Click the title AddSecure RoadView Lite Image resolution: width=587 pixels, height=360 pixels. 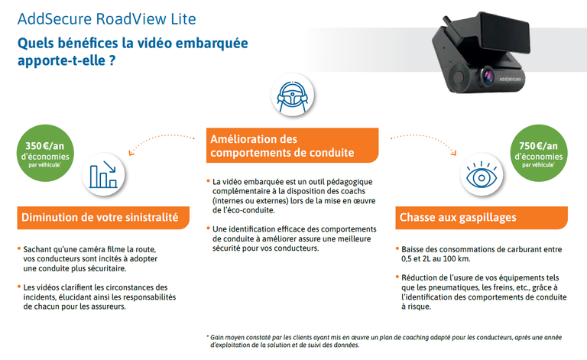click(x=107, y=19)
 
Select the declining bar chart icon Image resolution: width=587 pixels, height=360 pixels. click(x=103, y=174)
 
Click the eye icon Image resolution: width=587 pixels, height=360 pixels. click(x=482, y=175)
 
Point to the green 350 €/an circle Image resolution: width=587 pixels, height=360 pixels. click(x=45, y=153)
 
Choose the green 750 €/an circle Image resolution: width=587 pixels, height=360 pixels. click(x=539, y=153)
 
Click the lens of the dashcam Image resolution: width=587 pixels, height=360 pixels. click(x=488, y=75)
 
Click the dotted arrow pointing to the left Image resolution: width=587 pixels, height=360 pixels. click(x=157, y=138)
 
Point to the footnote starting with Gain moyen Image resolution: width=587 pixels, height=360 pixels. click(x=384, y=342)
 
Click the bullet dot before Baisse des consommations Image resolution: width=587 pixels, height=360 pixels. click(x=397, y=248)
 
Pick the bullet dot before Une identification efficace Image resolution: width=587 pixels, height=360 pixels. click(x=208, y=228)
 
